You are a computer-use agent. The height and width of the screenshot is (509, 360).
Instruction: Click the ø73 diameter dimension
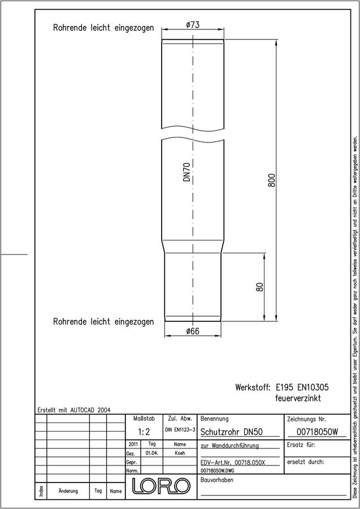point(193,25)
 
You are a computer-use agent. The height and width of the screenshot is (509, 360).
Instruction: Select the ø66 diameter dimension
point(193,331)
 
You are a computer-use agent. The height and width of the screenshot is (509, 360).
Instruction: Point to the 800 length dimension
point(271,180)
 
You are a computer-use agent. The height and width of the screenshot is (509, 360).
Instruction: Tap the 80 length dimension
point(260,287)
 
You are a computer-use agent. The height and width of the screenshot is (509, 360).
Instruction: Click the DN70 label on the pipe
point(186,172)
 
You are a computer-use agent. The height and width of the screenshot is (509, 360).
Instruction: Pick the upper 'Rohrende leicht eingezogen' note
point(103,28)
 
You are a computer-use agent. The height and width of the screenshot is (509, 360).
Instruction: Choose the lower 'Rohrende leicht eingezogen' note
point(103,322)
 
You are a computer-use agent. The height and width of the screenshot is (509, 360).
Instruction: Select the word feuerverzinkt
point(296,398)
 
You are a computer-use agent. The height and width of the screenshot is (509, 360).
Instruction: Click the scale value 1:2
point(144,432)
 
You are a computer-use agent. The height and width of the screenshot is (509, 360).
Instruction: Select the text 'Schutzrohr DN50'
point(232,432)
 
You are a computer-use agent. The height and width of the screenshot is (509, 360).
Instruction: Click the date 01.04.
point(152,453)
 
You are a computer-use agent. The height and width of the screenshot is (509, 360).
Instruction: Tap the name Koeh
point(180,453)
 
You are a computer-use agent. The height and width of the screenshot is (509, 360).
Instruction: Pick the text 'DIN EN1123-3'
point(180,429)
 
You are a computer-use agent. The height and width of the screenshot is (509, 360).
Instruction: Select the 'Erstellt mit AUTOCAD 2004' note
point(74,410)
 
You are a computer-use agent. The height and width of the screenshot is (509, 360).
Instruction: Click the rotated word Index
point(41,490)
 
